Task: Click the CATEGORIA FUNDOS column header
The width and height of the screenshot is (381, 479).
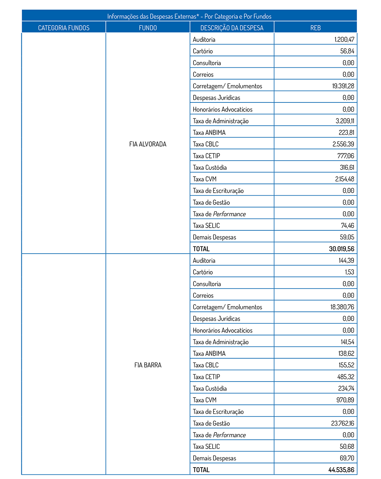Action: (x=64, y=28)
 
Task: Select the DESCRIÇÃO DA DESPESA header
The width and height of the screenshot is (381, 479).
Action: (x=232, y=28)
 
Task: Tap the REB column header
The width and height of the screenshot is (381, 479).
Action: (x=315, y=28)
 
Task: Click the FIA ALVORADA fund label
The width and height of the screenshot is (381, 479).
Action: (x=148, y=144)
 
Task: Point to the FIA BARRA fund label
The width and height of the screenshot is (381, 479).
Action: (x=148, y=365)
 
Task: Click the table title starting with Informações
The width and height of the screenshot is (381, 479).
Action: (x=189, y=16)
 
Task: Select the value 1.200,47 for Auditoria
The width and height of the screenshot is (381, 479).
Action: (x=344, y=40)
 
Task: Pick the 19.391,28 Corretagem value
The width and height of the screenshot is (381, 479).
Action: (x=343, y=86)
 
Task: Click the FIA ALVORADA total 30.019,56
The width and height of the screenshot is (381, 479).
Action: (x=341, y=249)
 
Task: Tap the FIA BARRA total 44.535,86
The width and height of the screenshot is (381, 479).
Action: (x=341, y=470)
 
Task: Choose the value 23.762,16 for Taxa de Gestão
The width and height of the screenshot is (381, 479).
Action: (x=343, y=423)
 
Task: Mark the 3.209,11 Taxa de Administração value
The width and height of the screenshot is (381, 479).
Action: (x=344, y=121)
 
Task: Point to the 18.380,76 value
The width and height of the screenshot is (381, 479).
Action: (x=342, y=307)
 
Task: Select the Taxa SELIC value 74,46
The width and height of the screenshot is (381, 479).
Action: (x=347, y=226)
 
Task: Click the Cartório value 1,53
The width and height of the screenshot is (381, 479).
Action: (x=349, y=272)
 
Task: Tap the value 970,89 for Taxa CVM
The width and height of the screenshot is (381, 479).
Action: (x=346, y=400)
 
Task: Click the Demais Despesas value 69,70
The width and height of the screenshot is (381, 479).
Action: (x=347, y=458)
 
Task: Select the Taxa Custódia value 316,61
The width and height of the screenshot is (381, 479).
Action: (x=347, y=168)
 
